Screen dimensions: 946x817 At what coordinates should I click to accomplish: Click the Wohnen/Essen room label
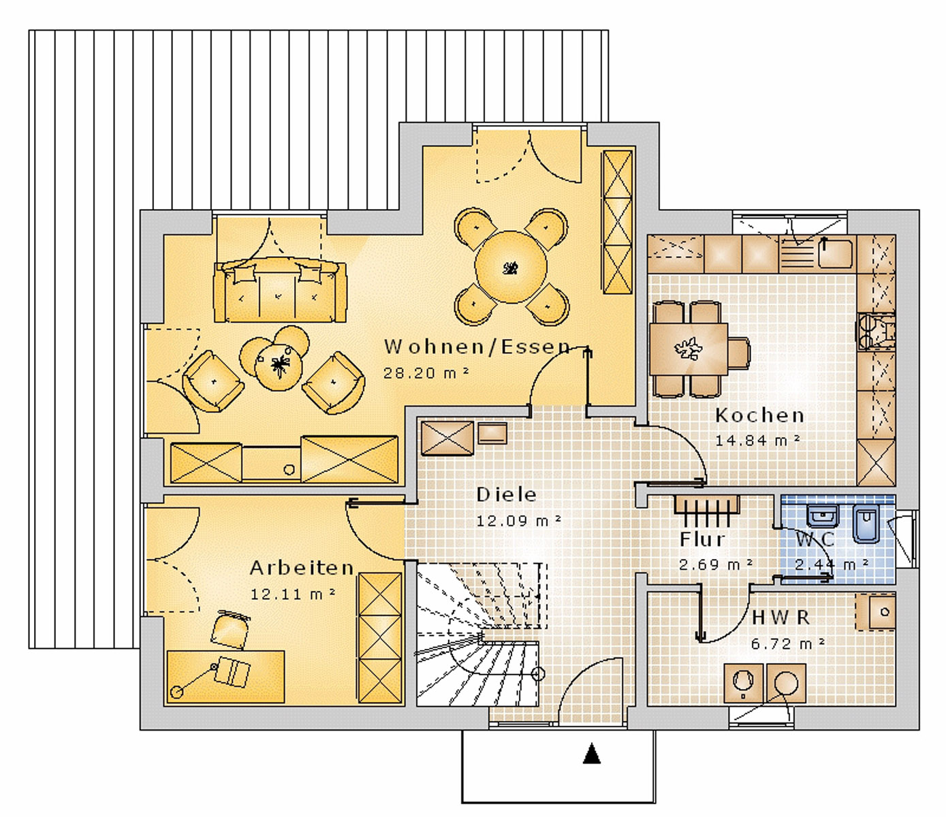click(477, 347)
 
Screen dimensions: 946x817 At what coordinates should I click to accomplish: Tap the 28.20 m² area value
click(426, 373)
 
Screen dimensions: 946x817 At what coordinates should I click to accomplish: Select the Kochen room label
click(759, 415)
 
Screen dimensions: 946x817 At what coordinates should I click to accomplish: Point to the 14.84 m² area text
click(757, 440)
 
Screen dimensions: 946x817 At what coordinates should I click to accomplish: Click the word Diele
click(506, 494)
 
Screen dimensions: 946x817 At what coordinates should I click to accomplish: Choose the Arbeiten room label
click(302, 568)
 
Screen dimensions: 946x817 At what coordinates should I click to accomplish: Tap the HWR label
click(781, 618)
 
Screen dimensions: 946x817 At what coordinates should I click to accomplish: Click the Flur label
click(703, 539)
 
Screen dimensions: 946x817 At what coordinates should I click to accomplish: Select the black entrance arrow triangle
click(592, 754)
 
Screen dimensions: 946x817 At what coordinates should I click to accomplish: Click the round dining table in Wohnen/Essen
click(511, 267)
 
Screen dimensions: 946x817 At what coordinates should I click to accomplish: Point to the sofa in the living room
click(280, 290)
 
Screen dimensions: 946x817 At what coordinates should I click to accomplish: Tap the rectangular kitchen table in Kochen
click(689, 349)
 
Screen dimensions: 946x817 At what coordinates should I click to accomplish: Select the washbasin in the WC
click(823, 517)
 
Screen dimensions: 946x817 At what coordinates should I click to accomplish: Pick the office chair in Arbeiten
click(232, 630)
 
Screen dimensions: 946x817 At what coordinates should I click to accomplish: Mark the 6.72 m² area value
click(788, 643)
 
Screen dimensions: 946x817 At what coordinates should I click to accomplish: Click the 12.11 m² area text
click(292, 594)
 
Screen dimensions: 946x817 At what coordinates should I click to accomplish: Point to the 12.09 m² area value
click(519, 521)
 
